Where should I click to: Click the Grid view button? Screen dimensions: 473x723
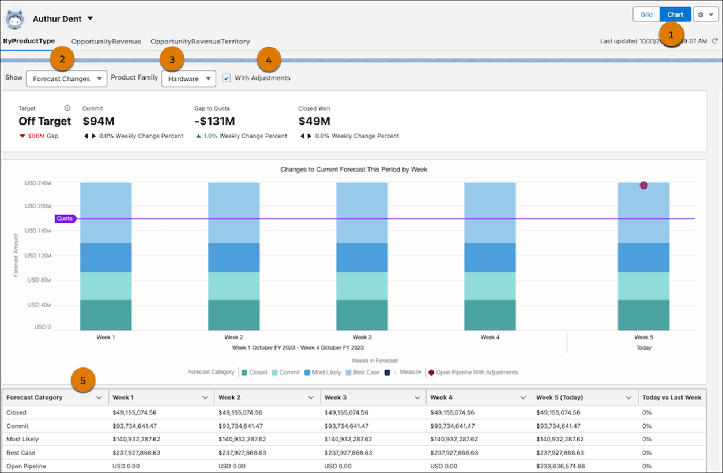point(646,14)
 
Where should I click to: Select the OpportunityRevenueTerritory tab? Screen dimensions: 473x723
point(200,42)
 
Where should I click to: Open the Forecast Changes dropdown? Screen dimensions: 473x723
point(66,79)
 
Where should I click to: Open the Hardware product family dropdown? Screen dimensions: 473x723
point(189,79)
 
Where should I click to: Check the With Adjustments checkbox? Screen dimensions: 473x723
point(227,78)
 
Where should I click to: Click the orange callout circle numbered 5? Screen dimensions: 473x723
point(83,381)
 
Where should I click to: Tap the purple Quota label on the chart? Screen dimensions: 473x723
point(65,219)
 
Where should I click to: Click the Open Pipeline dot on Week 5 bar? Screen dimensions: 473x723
point(643,185)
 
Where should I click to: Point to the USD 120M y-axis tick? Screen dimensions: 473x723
point(38,256)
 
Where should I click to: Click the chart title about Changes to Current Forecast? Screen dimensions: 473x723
point(353,170)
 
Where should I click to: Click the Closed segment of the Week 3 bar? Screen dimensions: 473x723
point(361,314)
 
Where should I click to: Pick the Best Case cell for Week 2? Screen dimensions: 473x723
point(242,453)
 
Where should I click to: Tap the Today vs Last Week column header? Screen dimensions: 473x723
point(672,397)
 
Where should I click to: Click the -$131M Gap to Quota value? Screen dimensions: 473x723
point(214,121)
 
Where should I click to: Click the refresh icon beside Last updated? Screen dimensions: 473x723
point(715,42)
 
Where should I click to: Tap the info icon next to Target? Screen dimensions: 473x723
point(67,108)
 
